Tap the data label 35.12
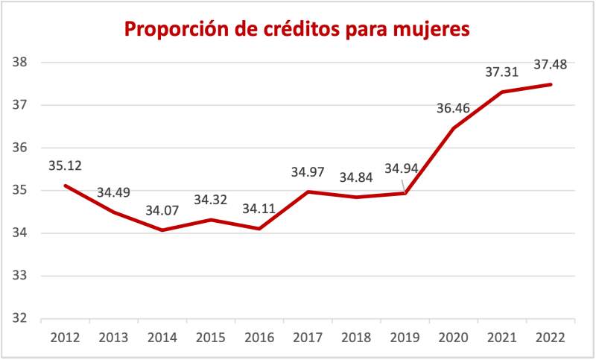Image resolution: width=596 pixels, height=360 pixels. click(x=65, y=165)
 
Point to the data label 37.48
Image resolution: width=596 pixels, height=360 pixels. click(x=551, y=65)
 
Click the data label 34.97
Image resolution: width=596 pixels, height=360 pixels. click(x=308, y=172)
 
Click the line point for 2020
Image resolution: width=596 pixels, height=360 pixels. click(x=454, y=128)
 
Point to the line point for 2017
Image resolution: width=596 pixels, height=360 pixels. click(x=307, y=192)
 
